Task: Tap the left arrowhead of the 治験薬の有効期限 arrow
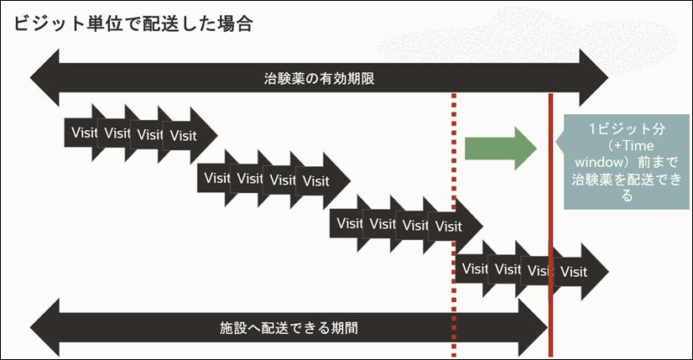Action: pyautogui.click(x=44, y=80)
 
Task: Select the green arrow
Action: pyautogui.click(x=500, y=148)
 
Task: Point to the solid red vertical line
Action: pyautogui.click(x=550, y=218)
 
